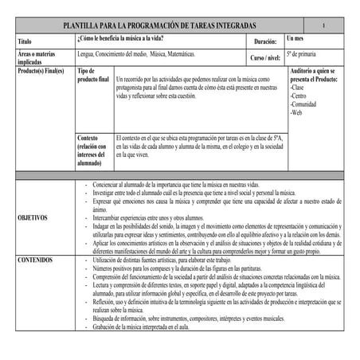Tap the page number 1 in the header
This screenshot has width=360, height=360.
(x=324, y=26)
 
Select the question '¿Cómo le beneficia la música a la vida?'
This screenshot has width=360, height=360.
(x=125, y=39)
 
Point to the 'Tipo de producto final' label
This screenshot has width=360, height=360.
(x=93, y=76)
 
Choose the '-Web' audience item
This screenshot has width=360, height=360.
(x=297, y=113)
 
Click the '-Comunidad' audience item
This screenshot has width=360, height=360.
(x=304, y=104)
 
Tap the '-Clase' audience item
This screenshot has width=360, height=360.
(x=299, y=88)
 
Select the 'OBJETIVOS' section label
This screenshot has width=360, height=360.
(x=33, y=217)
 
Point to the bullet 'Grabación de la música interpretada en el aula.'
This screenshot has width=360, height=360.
(x=140, y=327)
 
